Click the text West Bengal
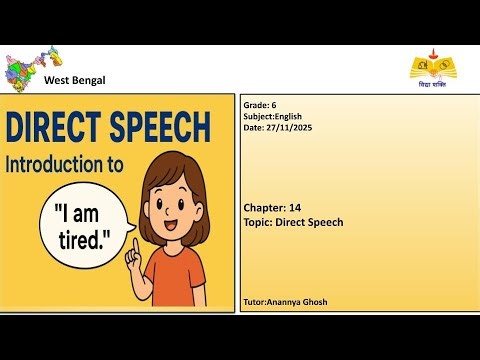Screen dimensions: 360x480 (x=75, y=80)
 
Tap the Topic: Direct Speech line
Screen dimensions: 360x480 (x=293, y=222)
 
